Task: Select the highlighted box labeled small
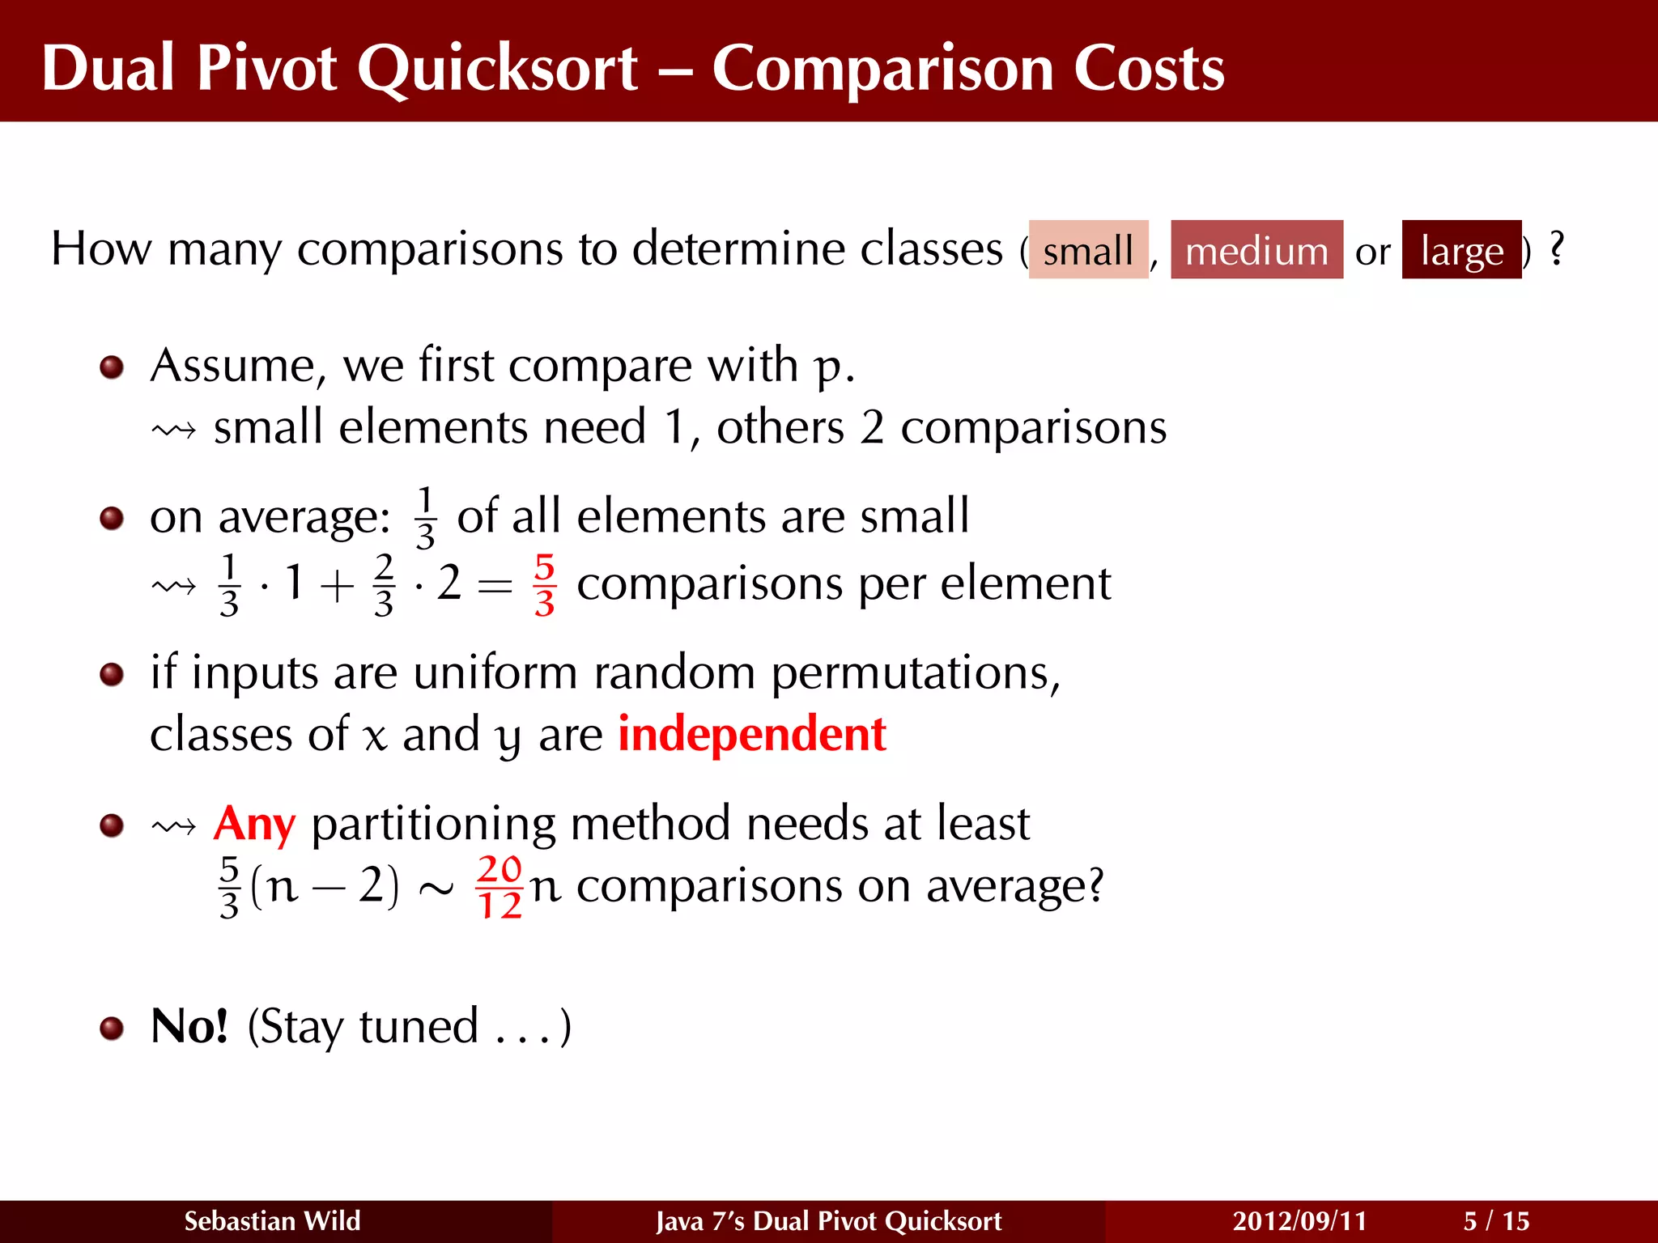click(1087, 250)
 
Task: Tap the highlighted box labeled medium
click(1256, 250)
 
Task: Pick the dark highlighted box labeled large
click(1461, 250)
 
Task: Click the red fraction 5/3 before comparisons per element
click(545, 584)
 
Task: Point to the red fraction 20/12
click(500, 888)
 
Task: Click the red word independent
click(751, 734)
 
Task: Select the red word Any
click(254, 824)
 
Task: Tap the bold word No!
click(189, 1026)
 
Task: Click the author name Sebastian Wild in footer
click(272, 1220)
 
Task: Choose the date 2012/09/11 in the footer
click(1299, 1220)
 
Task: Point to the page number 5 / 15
click(1496, 1220)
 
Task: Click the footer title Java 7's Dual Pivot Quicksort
click(828, 1220)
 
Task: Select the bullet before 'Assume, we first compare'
click(112, 368)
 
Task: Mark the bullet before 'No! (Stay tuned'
click(112, 1029)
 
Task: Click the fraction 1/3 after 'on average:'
click(425, 518)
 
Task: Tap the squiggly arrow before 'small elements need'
click(174, 429)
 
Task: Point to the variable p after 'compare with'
click(827, 368)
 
